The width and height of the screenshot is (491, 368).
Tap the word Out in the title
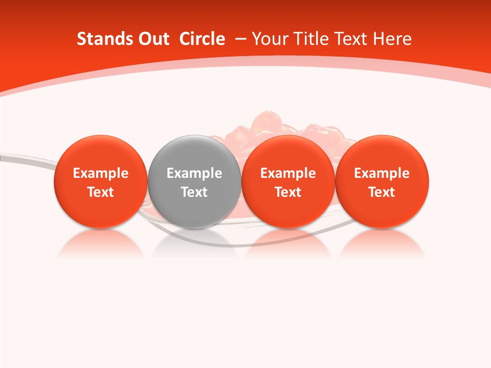point(152,39)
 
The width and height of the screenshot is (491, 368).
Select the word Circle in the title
point(202,39)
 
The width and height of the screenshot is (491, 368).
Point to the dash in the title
point(238,39)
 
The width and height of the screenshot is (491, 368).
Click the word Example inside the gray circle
point(194,173)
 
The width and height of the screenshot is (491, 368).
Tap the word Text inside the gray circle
point(194,192)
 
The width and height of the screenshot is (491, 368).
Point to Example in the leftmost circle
point(100,173)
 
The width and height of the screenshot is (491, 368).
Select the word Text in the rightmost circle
point(382,192)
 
